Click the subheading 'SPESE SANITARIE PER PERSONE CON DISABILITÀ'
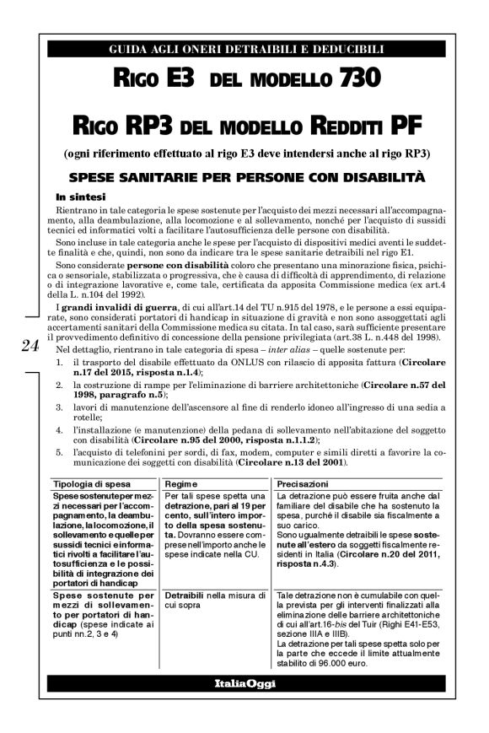click(x=244, y=177)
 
